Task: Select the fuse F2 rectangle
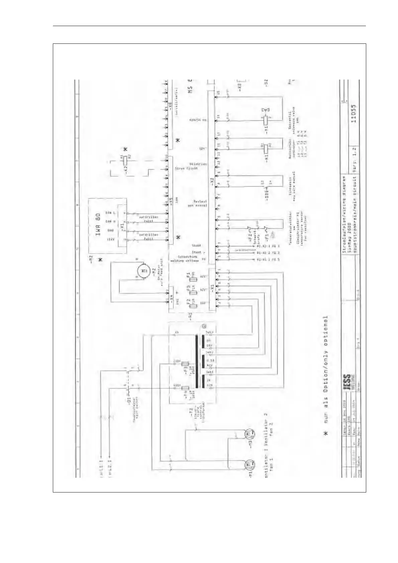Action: [193, 304]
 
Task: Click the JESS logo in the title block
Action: [347, 382]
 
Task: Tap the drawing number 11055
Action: [354, 114]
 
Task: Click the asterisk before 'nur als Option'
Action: [326, 434]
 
